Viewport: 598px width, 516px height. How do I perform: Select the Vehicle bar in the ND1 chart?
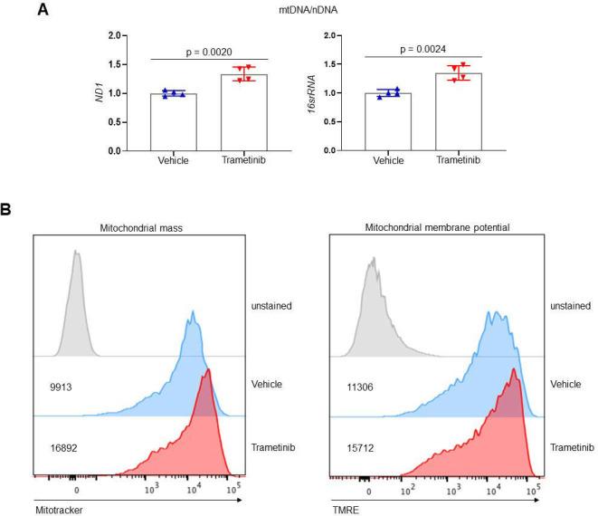(x=174, y=122)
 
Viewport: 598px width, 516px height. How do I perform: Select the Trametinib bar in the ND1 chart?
(x=242, y=112)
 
